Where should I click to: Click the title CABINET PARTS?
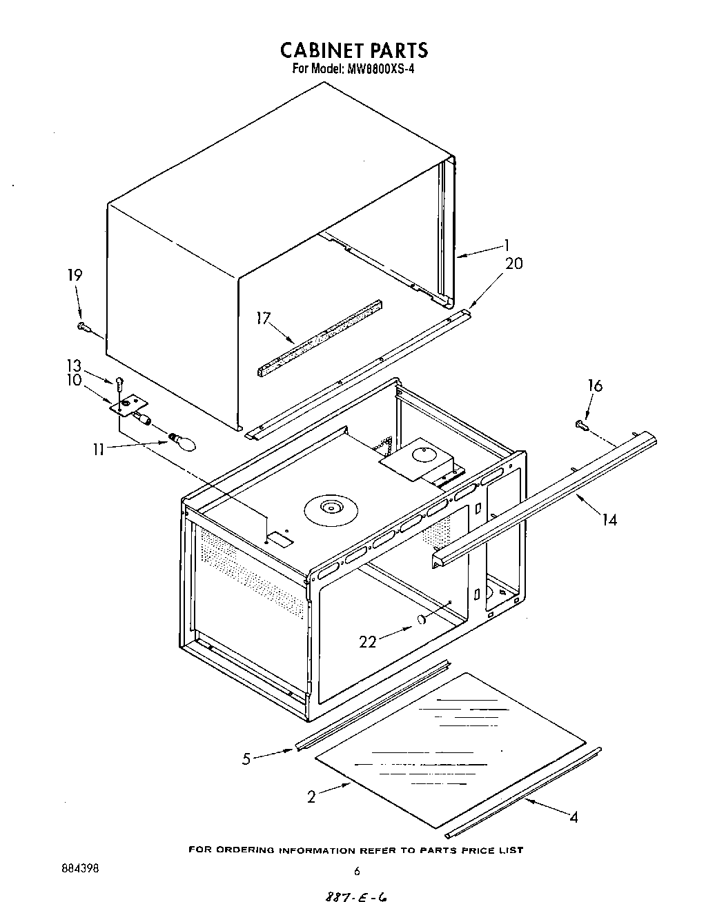354,50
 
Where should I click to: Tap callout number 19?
74,275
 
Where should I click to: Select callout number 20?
514,263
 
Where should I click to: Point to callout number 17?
264,318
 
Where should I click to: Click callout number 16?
594,385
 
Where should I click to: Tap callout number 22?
368,641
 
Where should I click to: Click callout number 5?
246,759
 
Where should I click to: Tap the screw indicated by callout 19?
84,326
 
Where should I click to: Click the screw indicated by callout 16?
580,427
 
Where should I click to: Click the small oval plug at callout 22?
420,620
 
